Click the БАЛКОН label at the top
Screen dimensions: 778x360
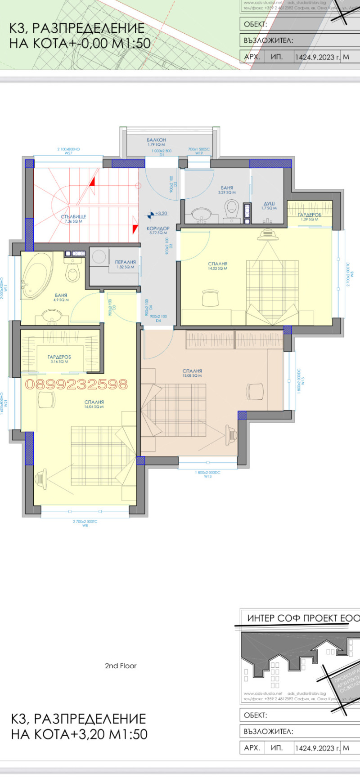point(156,140)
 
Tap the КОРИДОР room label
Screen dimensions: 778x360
point(158,228)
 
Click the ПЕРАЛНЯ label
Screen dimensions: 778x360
point(126,262)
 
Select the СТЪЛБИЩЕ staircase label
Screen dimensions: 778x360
point(73,217)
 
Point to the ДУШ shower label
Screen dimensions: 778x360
point(269,204)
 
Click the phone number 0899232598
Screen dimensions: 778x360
point(76,384)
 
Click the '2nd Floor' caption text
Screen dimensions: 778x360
point(121,666)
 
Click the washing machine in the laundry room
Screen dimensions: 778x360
point(98,257)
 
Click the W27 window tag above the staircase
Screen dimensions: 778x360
point(68,153)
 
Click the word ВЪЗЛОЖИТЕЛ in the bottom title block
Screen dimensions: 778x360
point(268,731)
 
